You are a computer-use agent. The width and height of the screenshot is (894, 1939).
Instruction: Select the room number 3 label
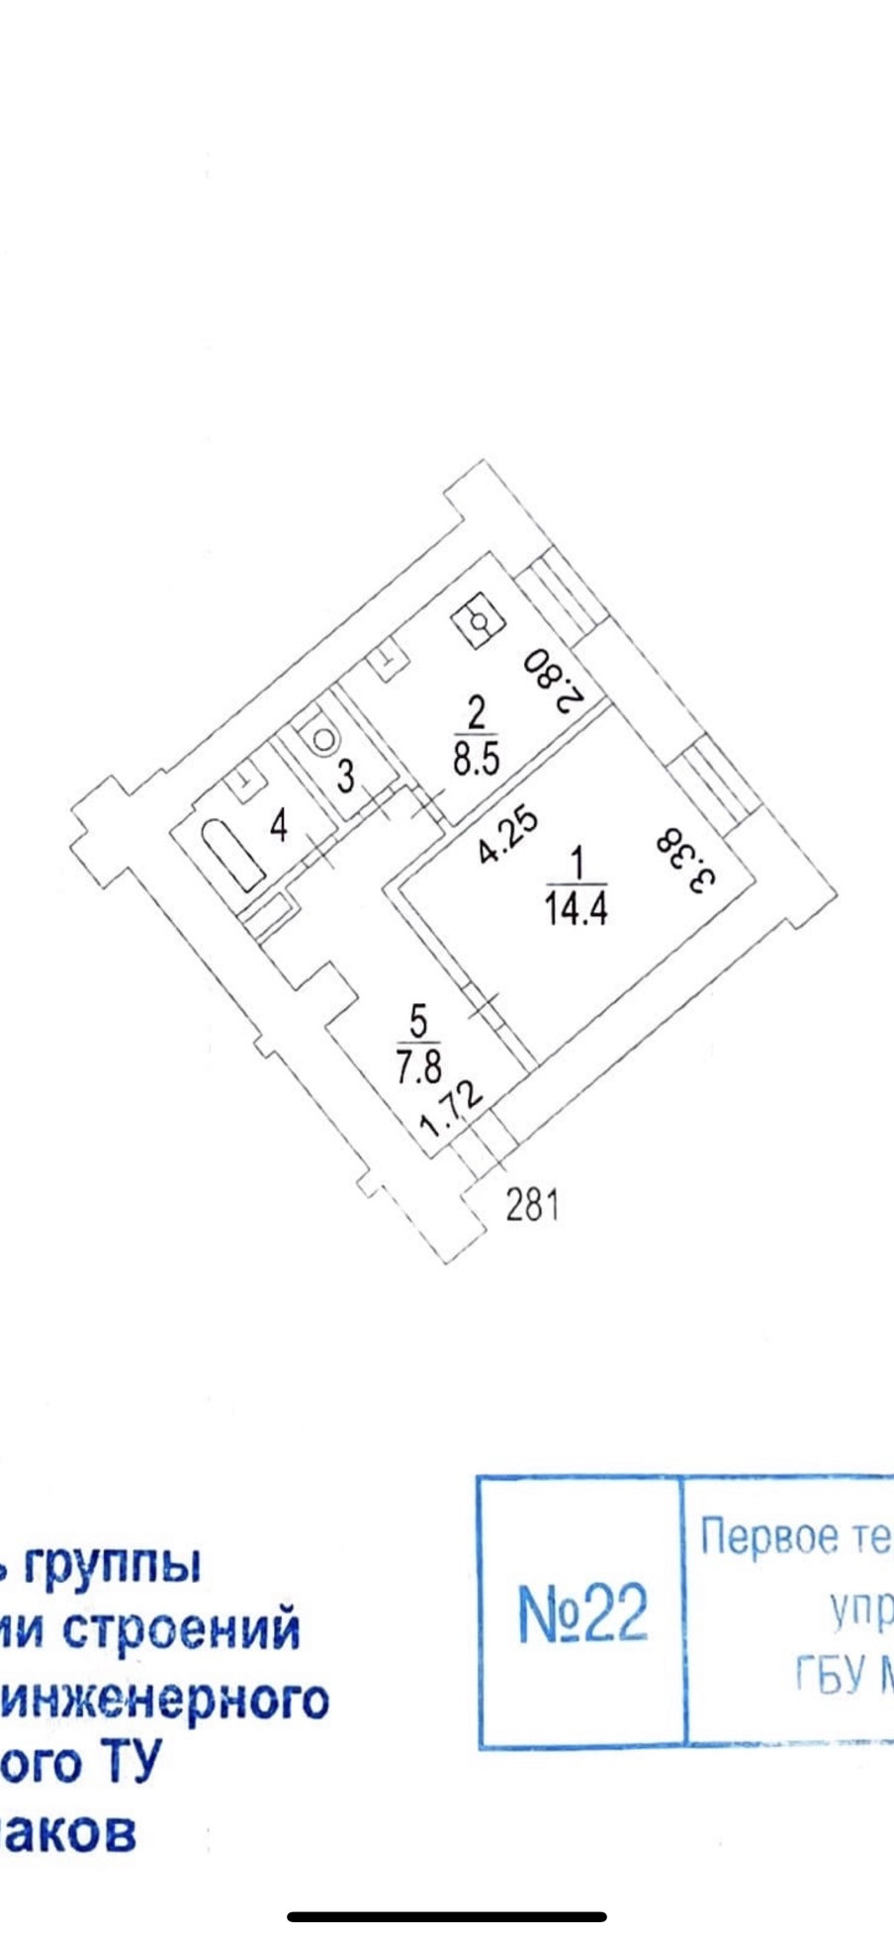pyautogui.click(x=345, y=775)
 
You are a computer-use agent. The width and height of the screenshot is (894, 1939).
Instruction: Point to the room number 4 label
pyautogui.click(x=279, y=825)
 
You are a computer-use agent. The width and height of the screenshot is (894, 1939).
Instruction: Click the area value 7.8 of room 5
pyautogui.click(x=420, y=1067)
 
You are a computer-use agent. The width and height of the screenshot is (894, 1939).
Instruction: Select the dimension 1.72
pyautogui.click(x=450, y=1110)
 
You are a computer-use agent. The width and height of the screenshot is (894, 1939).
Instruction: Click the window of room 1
pyautogui.click(x=708, y=785)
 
